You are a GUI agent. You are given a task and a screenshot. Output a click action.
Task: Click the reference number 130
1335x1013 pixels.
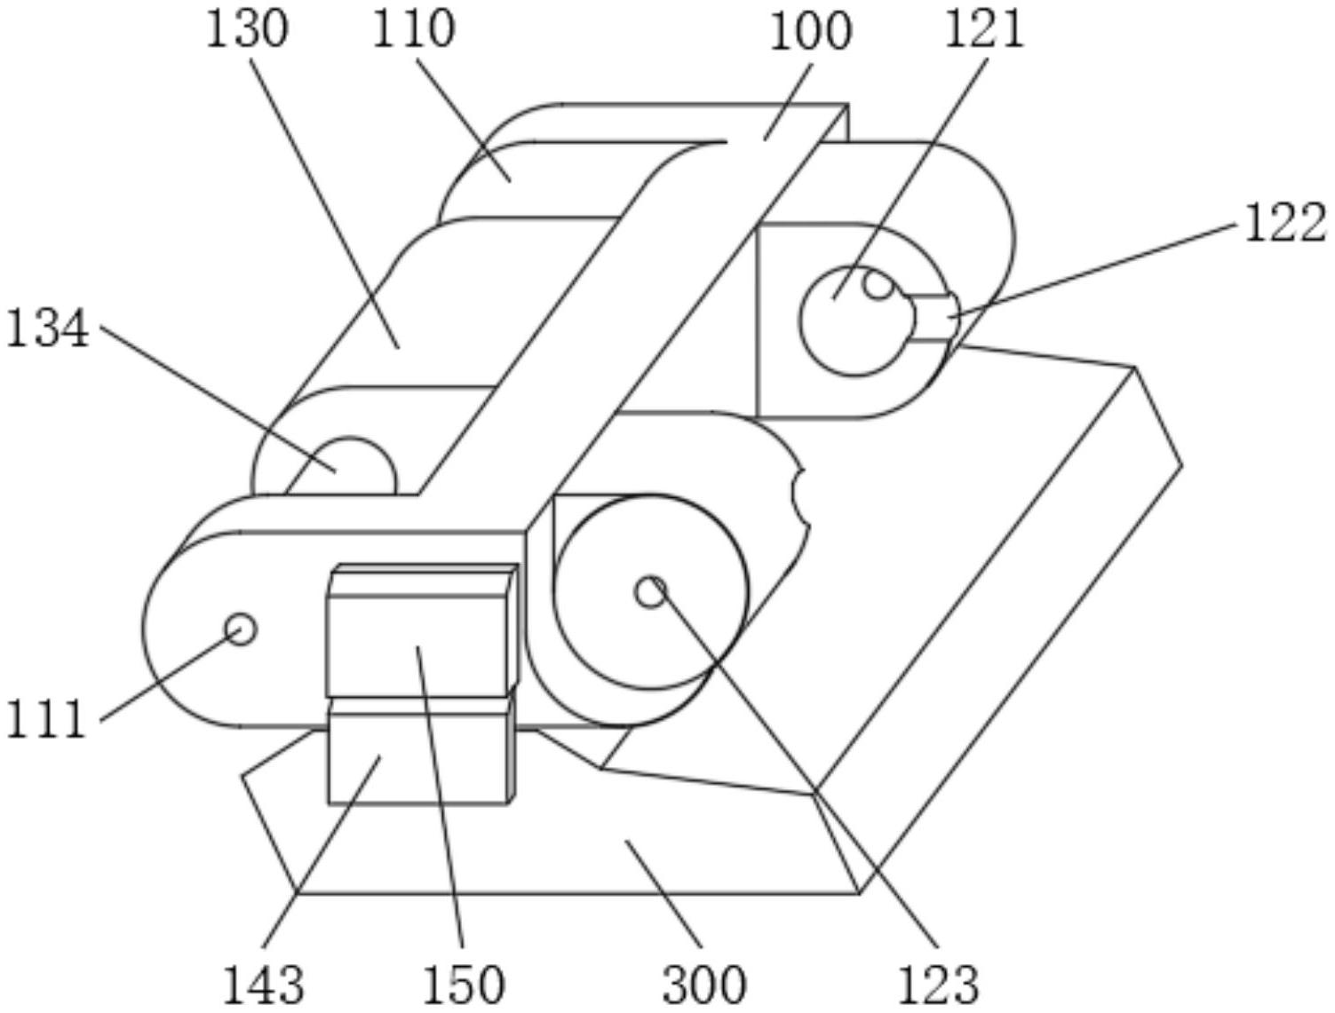(247, 30)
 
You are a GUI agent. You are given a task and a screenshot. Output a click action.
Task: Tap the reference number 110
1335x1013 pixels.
(413, 30)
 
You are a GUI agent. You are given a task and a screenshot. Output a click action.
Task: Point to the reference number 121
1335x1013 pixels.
(983, 29)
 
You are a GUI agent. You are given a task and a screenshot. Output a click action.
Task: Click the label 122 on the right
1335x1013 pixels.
(1285, 223)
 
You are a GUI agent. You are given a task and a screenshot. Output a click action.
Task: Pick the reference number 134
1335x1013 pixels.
(47, 328)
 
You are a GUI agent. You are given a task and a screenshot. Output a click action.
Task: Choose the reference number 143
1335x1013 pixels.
(263, 985)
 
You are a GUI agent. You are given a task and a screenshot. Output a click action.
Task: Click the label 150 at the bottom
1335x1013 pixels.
(464, 985)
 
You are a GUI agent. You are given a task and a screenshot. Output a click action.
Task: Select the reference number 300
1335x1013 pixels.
(703, 985)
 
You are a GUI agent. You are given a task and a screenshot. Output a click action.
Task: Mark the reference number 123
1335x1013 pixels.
(939, 985)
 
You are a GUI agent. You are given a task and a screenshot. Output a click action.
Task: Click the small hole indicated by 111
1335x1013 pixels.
(241, 629)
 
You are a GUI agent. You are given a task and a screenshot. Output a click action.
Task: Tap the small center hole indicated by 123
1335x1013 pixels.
(651, 591)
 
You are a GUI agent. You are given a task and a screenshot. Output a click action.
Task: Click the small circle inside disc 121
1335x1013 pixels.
(878, 284)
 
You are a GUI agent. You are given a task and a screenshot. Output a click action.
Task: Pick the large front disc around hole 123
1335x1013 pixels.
(651, 592)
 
